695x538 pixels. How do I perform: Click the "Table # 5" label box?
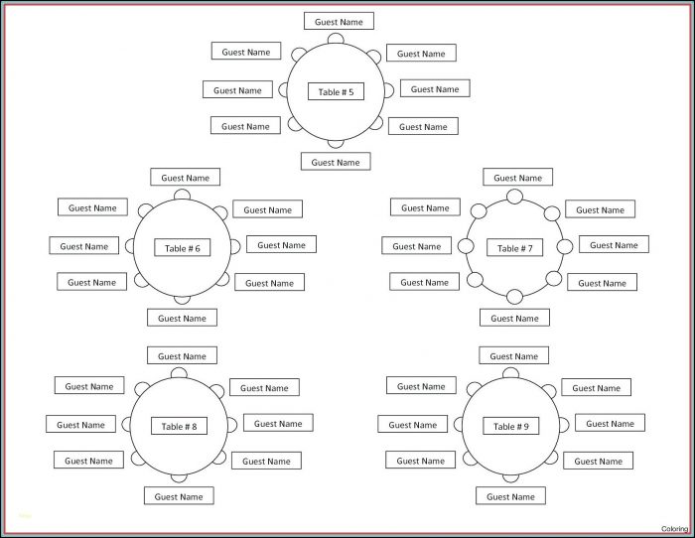click(336, 91)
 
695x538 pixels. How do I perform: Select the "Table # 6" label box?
click(183, 248)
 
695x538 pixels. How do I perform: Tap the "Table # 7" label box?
click(514, 248)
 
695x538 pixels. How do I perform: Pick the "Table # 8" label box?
click(180, 427)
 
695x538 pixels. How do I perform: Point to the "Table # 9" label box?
click(511, 427)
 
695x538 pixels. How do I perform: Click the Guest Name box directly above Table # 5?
click(339, 21)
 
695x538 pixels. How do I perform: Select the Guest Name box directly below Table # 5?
click(336, 161)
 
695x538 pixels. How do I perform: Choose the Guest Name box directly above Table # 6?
click(186, 178)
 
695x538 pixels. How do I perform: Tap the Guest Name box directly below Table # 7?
click(514, 318)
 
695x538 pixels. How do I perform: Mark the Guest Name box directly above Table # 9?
click(513, 355)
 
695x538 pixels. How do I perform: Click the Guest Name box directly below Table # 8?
click(179, 496)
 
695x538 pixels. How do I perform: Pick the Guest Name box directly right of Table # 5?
click(435, 88)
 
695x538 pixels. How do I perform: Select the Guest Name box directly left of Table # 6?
click(84, 245)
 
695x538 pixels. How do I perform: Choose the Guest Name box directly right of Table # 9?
click(610, 423)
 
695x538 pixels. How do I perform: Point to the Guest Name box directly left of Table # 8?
click(80, 424)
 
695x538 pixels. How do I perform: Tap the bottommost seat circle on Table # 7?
click(514, 296)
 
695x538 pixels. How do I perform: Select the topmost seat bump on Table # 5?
click(337, 39)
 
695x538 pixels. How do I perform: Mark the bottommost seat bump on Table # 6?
click(183, 298)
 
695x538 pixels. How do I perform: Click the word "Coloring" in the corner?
click(674, 529)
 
